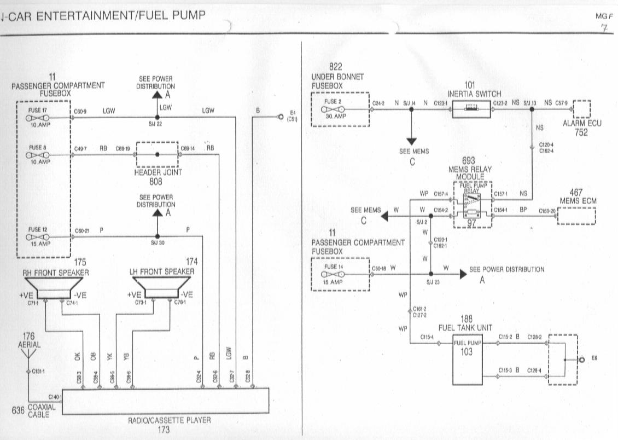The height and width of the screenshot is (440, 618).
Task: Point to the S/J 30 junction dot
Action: click(157, 236)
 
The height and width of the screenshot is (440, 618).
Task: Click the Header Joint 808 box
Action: click(157, 155)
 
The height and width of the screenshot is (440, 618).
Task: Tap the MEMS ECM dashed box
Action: click(576, 216)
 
